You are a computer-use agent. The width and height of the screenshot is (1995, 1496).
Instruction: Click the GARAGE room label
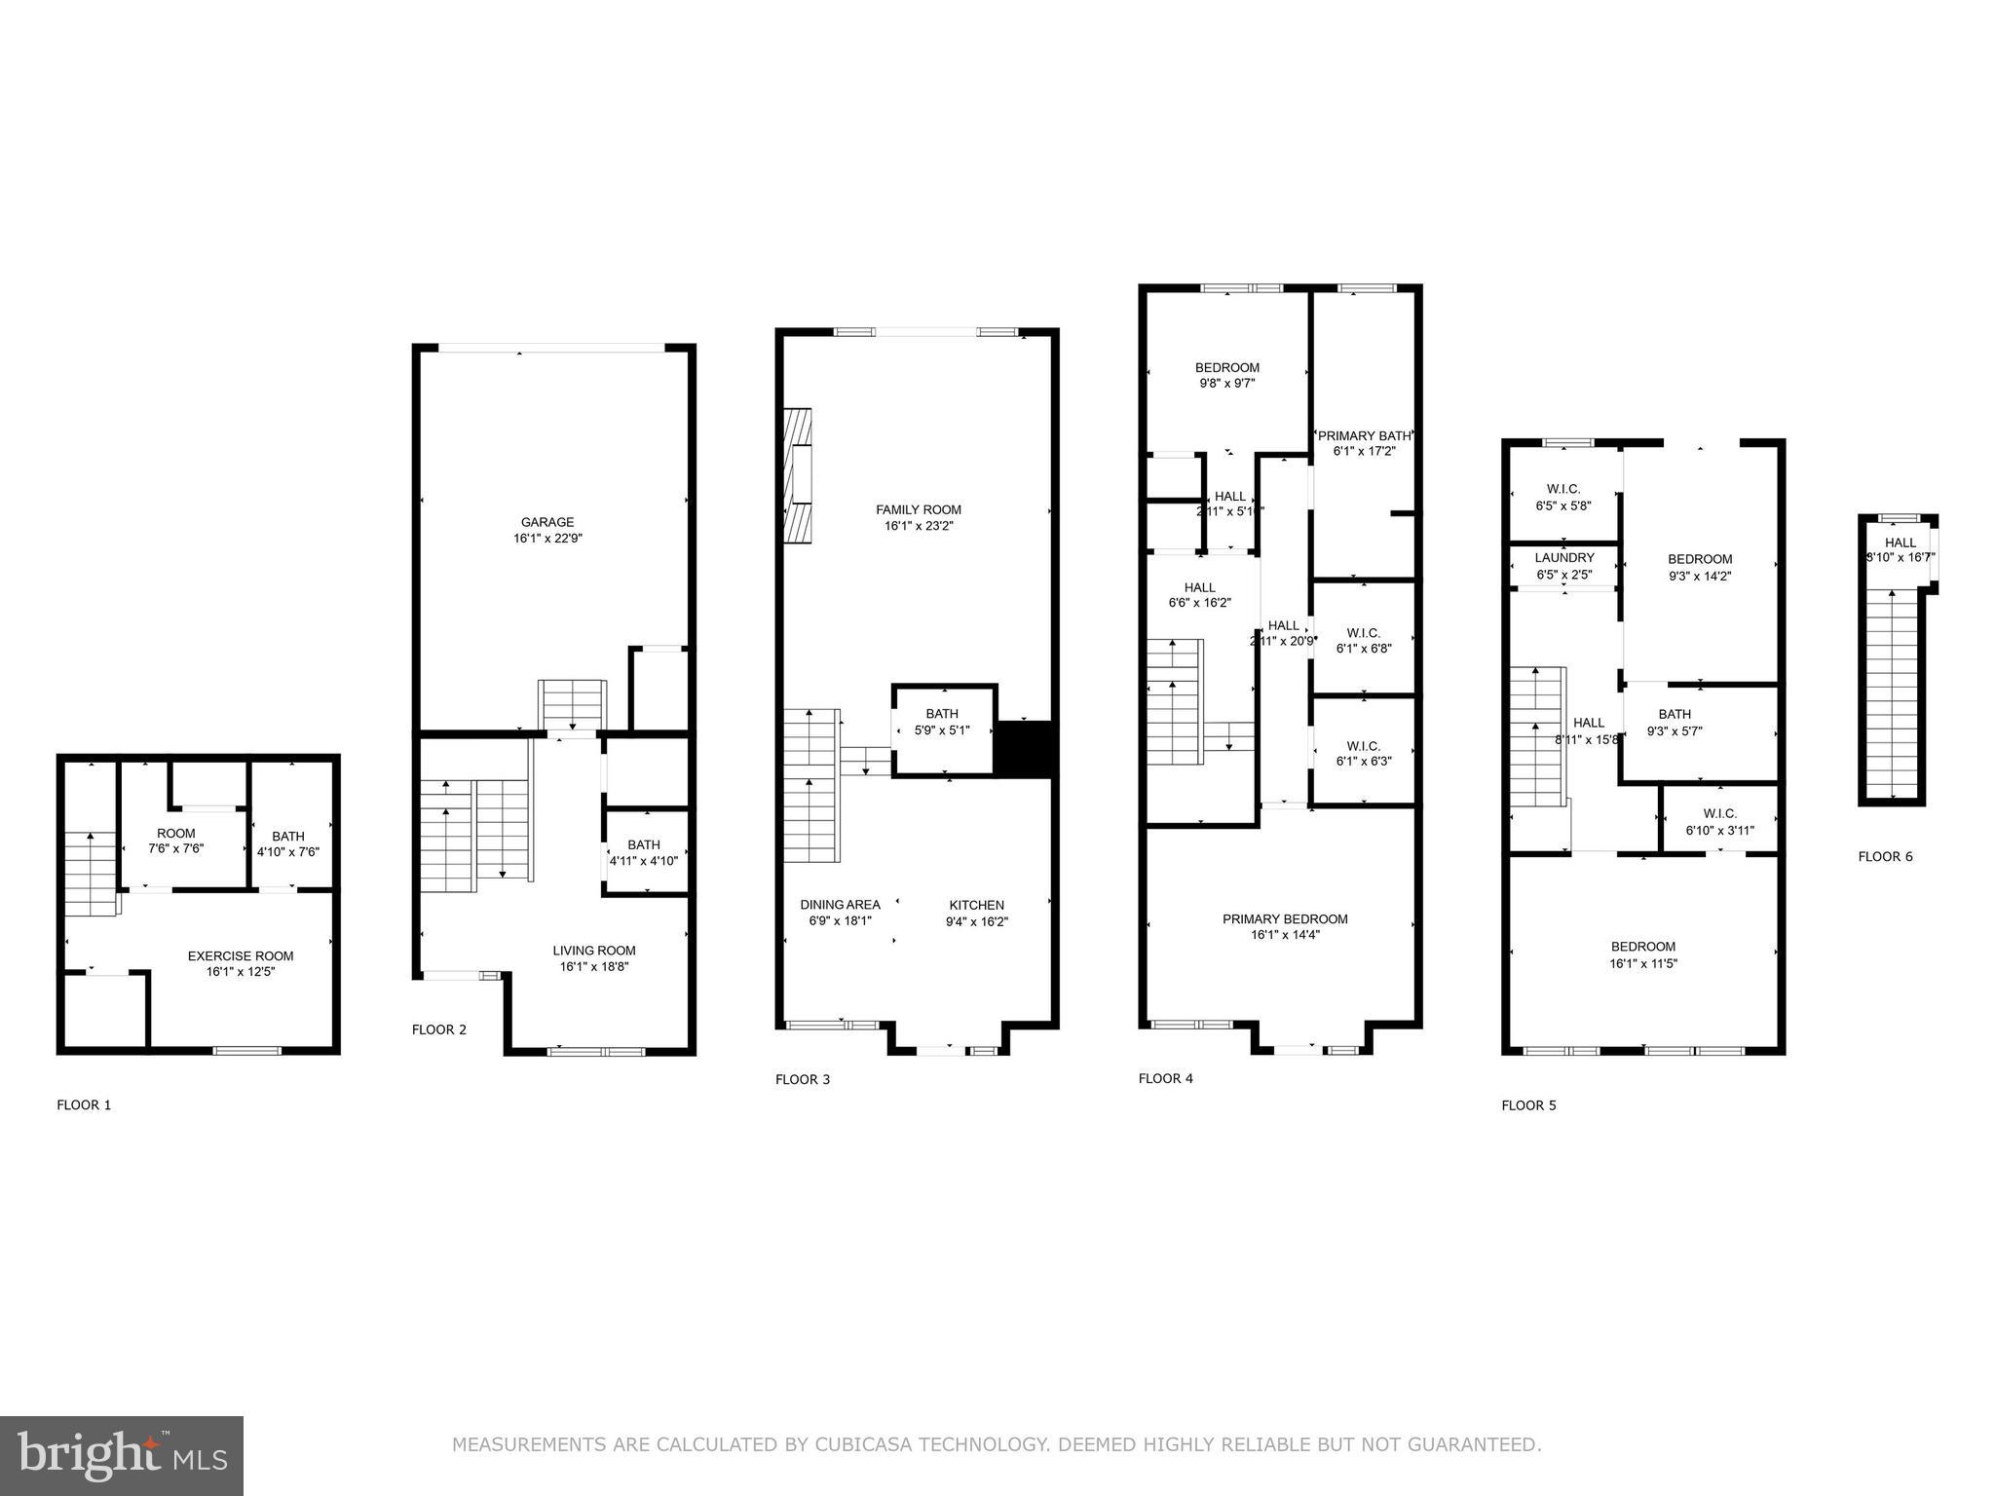546,522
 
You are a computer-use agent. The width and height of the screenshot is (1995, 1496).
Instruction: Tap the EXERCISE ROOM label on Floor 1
240,955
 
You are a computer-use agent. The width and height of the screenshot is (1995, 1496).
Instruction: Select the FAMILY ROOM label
918,509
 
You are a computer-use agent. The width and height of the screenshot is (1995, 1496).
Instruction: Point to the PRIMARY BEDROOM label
1285,918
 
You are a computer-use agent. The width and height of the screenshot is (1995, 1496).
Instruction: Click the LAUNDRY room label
1563,558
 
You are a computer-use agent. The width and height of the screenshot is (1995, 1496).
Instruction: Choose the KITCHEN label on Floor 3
976,905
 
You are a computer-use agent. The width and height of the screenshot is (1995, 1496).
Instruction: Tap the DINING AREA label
840,905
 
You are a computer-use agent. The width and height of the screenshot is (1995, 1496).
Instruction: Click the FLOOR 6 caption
1885,857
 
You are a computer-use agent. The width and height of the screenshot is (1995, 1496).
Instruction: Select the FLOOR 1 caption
84,1104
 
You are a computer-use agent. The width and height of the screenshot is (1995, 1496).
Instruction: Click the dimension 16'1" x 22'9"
547,539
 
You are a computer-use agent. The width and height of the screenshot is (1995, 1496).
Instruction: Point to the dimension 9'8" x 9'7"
1226,384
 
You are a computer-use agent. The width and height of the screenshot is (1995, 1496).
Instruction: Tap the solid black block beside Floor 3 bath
1024,748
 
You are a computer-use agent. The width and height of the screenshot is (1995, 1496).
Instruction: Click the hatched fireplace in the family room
798,474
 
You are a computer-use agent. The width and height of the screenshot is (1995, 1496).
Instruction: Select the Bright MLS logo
122,1455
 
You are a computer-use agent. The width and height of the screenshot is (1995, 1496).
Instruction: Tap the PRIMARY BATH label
1363,435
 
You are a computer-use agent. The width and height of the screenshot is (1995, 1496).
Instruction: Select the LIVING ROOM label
593,951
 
